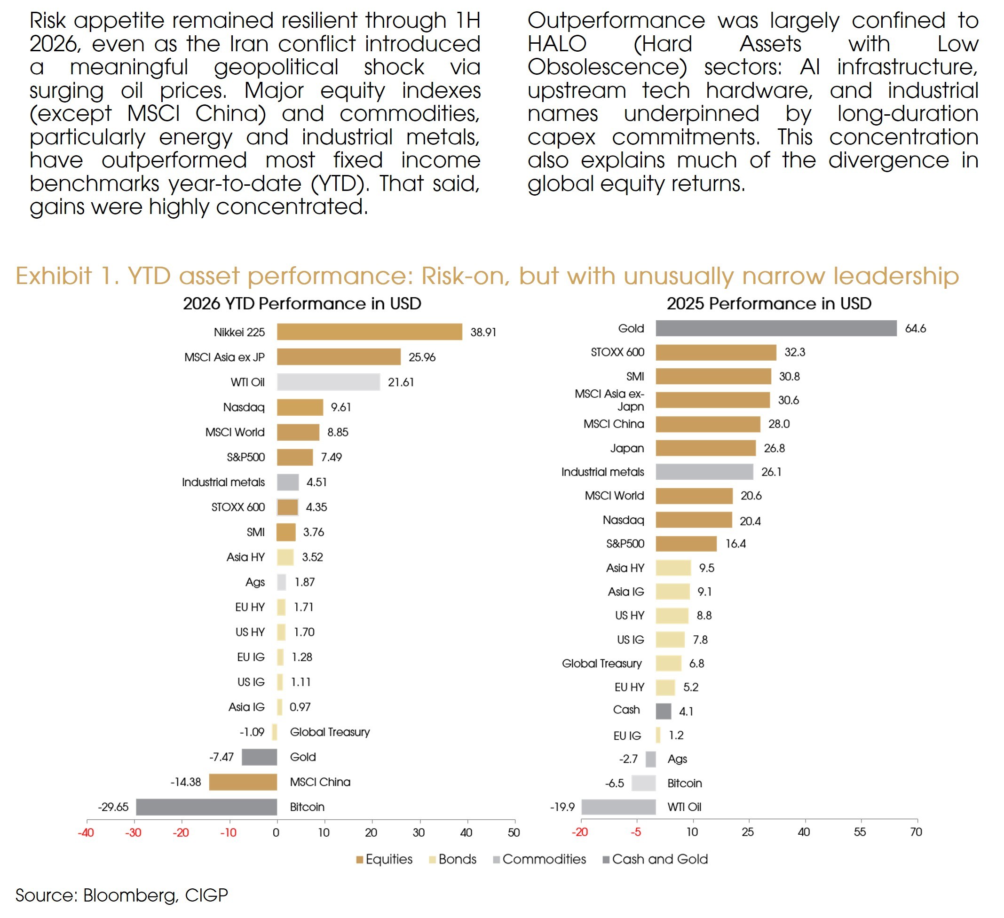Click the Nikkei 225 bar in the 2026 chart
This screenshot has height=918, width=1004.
370,332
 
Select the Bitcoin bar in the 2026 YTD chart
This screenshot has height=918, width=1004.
206,807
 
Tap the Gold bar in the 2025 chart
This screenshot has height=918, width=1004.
776,328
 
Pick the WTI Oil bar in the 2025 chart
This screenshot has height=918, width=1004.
618,807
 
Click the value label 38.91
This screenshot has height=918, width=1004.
483,332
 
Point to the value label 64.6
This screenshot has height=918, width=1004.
915,329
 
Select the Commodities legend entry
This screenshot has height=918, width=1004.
539,859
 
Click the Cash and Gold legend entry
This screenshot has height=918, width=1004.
655,859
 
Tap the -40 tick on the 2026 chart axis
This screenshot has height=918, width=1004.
86,833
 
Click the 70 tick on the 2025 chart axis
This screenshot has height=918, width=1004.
917,832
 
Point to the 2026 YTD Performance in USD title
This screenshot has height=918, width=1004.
302,304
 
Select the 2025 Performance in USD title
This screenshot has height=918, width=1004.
769,304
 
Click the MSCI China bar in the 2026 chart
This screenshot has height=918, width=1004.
243,782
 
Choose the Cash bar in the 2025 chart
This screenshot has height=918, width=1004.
664,711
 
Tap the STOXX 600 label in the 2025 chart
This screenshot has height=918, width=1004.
617,352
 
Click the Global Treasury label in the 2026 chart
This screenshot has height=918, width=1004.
330,732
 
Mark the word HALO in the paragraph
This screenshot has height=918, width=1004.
557,44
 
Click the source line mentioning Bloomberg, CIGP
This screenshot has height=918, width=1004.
121,895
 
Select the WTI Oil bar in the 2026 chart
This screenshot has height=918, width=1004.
329,382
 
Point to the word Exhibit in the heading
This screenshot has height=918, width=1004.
54,276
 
